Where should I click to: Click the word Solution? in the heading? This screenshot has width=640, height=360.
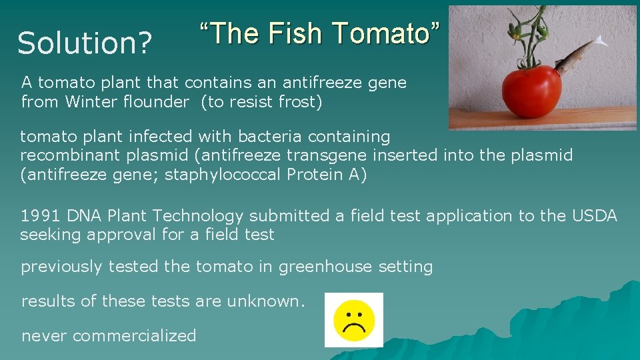tap(85, 43)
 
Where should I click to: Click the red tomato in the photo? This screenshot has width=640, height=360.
tap(531, 91)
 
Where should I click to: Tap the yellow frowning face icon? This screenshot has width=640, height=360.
tap(353, 320)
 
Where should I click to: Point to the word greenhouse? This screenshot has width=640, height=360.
tap(325, 267)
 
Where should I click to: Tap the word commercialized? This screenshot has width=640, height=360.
tap(135, 335)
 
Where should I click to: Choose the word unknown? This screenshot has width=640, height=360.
tap(265, 301)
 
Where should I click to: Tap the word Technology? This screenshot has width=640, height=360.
tap(200, 216)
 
